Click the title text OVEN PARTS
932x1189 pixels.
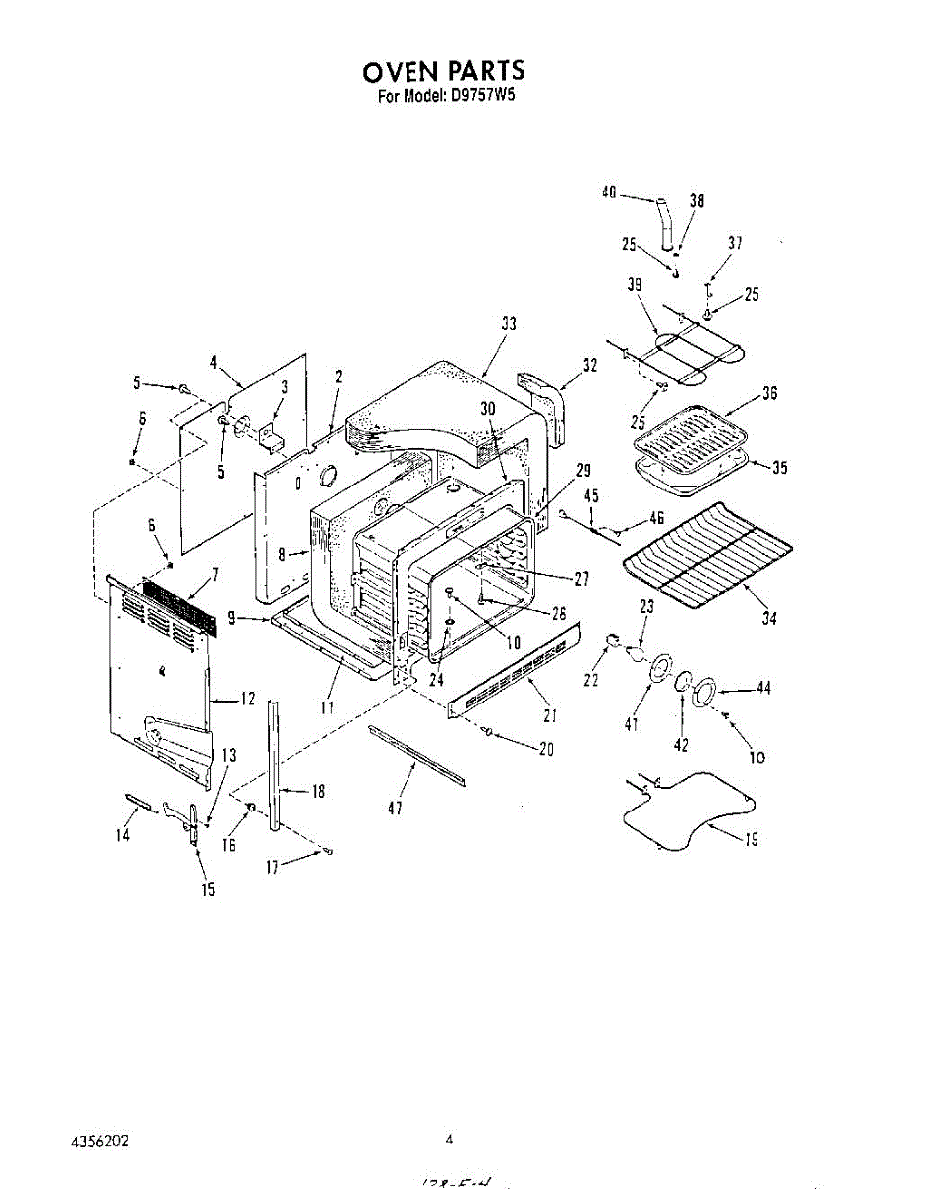[442, 71]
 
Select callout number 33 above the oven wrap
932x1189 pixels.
[509, 324]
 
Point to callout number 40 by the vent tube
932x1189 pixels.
[609, 193]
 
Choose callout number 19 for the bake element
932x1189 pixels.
[751, 839]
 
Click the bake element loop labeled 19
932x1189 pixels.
[684, 808]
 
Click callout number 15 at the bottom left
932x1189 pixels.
[208, 890]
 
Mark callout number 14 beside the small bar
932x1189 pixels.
[123, 835]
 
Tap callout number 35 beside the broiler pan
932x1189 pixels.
[779, 468]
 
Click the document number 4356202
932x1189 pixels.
[100, 1140]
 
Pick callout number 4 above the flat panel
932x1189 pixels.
[213, 363]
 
